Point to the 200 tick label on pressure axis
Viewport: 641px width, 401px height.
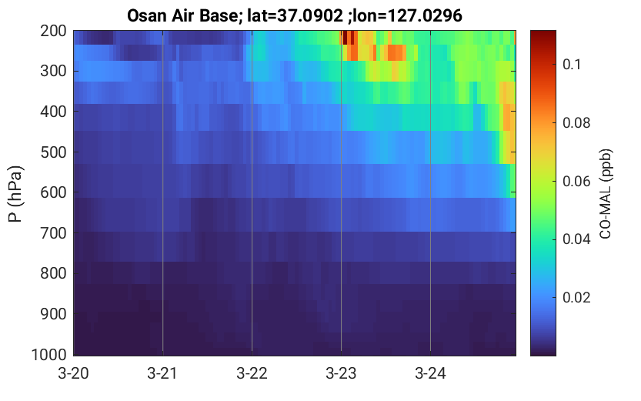53,31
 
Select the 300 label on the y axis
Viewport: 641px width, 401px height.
53,71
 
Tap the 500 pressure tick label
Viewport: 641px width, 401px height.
53,152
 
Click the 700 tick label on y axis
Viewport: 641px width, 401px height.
53,233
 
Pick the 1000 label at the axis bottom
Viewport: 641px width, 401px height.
49,354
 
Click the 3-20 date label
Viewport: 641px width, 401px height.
74,373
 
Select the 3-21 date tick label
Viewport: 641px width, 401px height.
162,373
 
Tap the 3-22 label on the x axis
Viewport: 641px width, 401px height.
252,373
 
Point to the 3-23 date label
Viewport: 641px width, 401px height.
341,373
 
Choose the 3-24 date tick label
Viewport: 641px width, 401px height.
430,373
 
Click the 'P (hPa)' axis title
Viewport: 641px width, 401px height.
15,194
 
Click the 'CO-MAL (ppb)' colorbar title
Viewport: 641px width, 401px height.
605,194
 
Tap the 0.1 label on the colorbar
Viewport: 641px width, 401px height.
572,64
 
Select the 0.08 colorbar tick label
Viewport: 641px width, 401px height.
576,122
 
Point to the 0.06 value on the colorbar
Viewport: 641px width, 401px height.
576,181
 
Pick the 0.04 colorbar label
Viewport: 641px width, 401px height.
576,239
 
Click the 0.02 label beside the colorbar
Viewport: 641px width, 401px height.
576,297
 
